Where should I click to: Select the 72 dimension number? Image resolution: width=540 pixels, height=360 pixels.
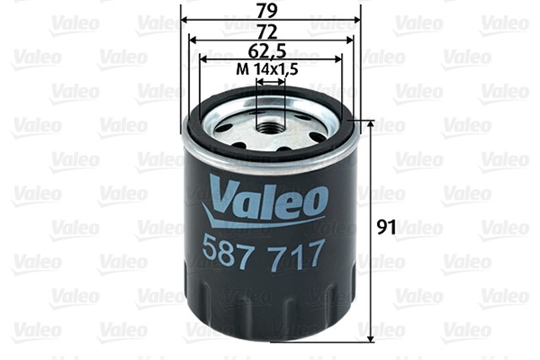pyautogui.click(x=270, y=31)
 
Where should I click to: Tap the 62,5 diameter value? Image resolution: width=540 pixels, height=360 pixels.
pyautogui.click(x=270, y=52)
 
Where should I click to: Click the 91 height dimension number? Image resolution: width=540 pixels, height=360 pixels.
pyautogui.click(x=385, y=226)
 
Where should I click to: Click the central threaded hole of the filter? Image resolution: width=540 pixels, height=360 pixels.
pyautogui.click(x=271, y=126)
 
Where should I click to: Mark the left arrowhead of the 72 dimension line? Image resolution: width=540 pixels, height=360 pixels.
pyautogui.click(x=192, y=39)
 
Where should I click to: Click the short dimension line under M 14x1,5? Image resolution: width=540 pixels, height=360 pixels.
pyautogui.click(x=270, y=82)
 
